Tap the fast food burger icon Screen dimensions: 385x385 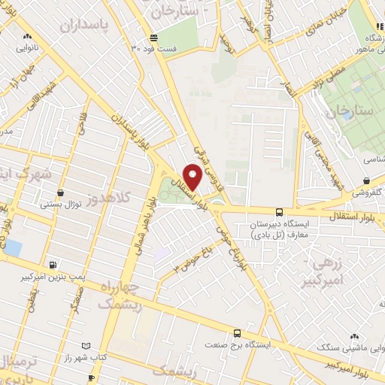pyautogui.click(x=153, y=38)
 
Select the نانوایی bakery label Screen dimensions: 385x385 pyautogui.click(x=28, y=46)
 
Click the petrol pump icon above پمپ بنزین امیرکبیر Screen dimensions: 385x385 pyautogui.click(x=52, y=265)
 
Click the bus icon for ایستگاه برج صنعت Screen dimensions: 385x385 pyautogui.click(x=237, y=333)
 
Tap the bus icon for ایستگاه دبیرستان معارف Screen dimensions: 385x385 pyautogui.click(x=279, y=212)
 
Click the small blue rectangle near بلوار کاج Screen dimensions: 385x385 pyautogui.click(x=12, y=246)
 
